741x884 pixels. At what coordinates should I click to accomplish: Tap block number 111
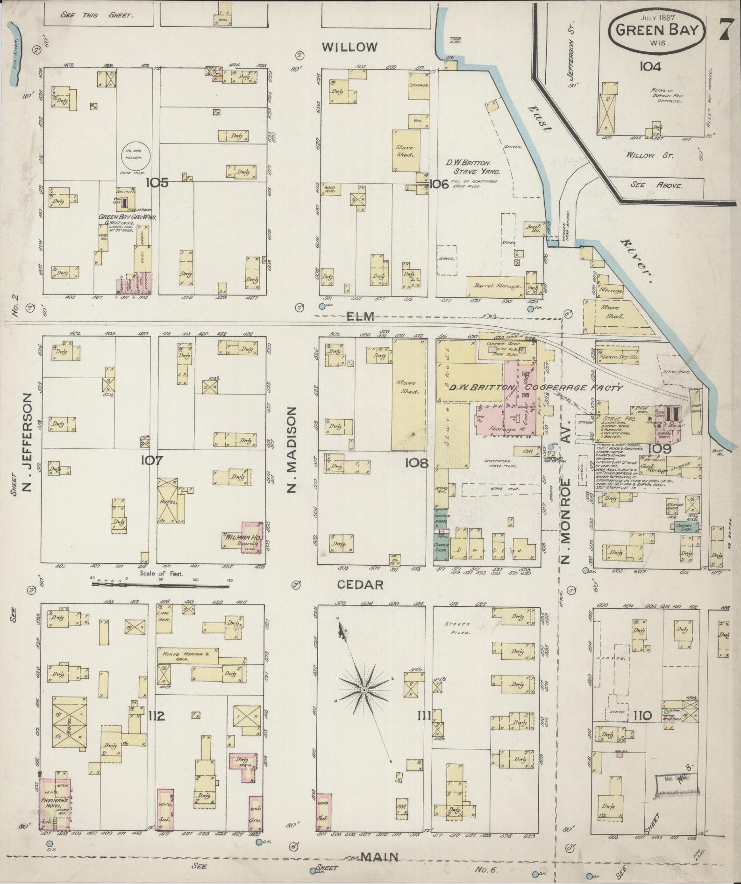coord(425,716)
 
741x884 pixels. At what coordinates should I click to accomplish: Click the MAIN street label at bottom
coord(380,856)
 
